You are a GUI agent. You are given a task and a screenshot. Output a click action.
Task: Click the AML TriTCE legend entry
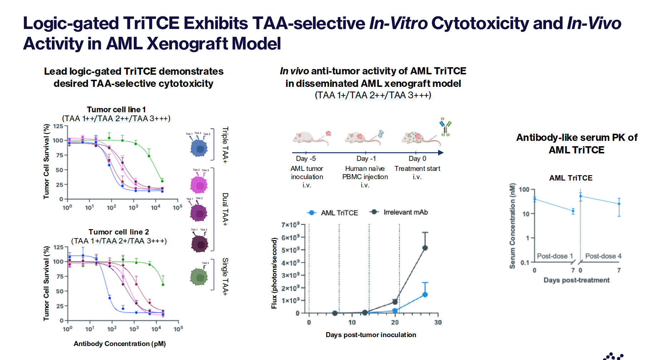tap(333, 213)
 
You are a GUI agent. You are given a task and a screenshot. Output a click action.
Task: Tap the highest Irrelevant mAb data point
tap(425, 248)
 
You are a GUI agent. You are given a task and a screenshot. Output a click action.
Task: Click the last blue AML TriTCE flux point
tap(425, 295)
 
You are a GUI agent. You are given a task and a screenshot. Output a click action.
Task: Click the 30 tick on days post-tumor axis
tap(438, 322)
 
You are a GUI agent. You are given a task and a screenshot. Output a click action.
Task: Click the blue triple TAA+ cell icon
tap(199, 148)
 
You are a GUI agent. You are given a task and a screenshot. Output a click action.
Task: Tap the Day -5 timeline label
tap(306, 158)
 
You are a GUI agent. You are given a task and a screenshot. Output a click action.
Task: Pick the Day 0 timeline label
tap(417, 158)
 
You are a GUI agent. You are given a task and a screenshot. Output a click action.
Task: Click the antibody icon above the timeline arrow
tap(445, 127)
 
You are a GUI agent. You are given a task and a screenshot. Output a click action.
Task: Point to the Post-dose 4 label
tap(603, 256)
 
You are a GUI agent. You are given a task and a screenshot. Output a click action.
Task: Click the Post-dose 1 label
tap(555, 256)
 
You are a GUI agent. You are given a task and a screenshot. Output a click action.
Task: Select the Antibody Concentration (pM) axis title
tap(119, 344)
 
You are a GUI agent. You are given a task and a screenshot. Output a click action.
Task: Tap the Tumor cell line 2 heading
tap(119, 232)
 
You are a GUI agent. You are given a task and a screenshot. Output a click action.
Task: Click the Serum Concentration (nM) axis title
tap(512, 226)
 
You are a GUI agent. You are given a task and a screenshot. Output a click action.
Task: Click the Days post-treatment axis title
tap(576, 280)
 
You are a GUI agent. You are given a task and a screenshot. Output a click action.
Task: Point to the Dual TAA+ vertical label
tap(225, 209)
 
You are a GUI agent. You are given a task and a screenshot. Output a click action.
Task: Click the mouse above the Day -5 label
tap(309, 137)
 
